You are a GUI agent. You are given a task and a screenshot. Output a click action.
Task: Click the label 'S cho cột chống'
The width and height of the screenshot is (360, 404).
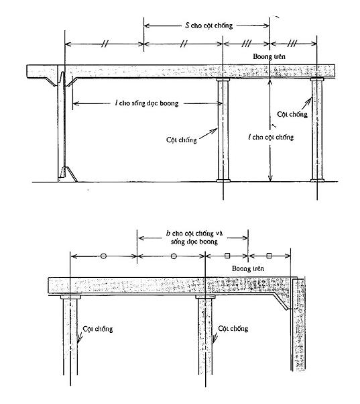209,26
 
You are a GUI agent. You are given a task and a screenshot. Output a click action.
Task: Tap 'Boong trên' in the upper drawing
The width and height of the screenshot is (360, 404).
269,56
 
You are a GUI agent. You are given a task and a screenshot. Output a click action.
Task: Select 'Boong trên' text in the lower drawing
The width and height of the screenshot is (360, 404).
248,268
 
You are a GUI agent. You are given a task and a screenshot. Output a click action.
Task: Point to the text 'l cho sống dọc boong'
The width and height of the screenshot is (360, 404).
147,103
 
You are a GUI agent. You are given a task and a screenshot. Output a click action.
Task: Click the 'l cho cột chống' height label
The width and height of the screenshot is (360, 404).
271,137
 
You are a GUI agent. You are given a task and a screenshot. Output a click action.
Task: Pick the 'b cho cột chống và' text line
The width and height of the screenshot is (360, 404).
194,234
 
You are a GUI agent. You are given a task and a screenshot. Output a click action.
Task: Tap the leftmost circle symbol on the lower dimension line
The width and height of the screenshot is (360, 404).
103,256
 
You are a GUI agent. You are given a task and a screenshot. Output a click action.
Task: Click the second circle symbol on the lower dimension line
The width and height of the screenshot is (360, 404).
174,256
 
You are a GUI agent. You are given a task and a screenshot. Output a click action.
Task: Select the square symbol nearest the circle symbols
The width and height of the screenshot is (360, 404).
227,256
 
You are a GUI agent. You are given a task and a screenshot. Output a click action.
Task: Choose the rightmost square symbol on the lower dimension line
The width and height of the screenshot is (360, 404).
269,256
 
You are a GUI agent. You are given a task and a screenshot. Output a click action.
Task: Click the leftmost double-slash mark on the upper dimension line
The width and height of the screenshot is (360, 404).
105,44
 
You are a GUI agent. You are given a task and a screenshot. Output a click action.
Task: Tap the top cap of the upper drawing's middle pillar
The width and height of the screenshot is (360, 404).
223,80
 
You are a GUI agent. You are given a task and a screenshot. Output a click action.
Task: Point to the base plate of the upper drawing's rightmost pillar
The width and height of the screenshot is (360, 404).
317,181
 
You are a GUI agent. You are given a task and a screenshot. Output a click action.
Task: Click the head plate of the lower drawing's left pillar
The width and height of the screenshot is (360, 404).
70,297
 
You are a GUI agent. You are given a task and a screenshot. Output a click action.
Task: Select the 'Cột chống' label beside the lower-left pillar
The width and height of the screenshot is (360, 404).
98,329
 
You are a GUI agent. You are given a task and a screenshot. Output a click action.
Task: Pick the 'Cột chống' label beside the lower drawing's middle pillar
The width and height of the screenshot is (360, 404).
233,329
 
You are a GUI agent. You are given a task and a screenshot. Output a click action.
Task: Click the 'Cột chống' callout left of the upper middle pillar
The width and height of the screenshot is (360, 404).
182,140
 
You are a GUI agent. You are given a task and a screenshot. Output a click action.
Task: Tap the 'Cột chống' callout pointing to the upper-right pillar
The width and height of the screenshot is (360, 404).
292,114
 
